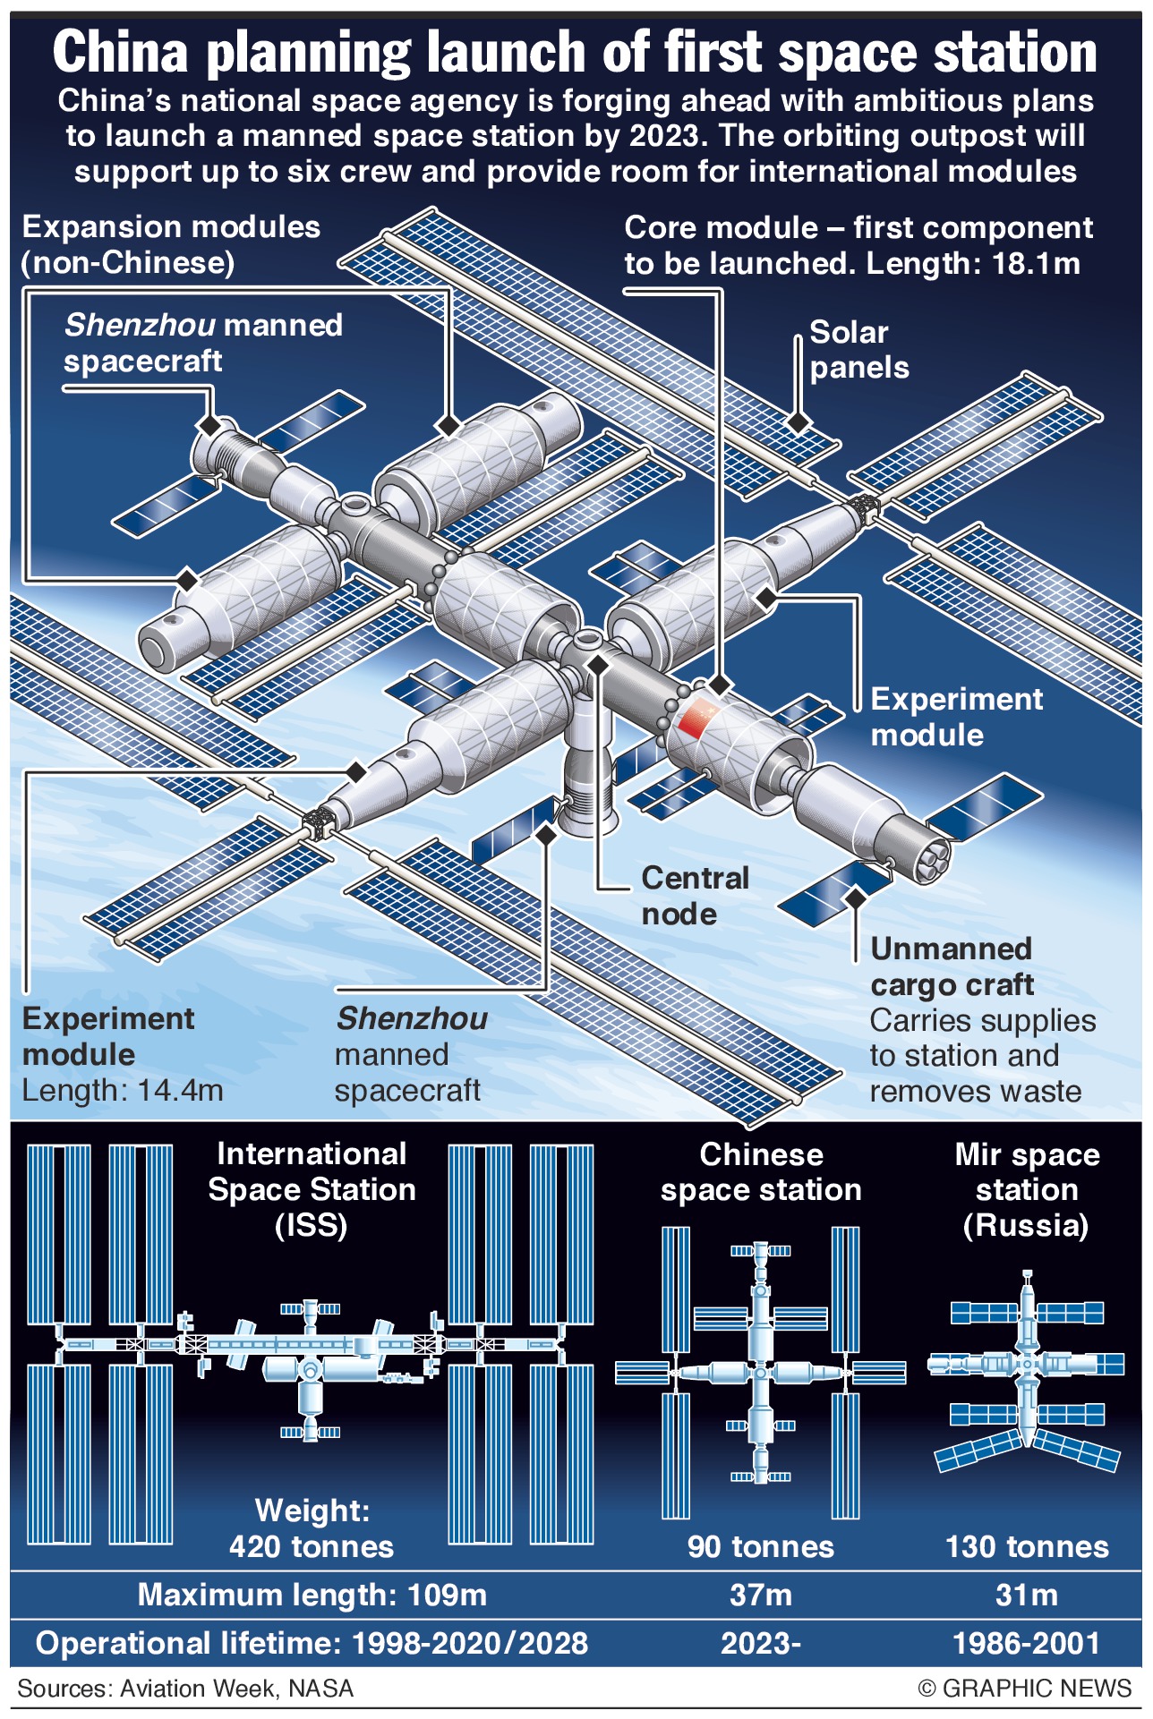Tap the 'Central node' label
[695, 896]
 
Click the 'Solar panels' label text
[858, 350]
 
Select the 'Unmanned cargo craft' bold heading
[952, 966]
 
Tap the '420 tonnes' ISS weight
[312, 1546]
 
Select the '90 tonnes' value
[760, 1546]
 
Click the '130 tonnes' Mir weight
[1027, 1546]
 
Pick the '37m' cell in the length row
[760, 1595]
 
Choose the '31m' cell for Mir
[1027, 1595]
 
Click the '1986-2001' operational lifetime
[1027, 1643]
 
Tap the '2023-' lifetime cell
[760, 1643]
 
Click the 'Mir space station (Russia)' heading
[1027, 1189]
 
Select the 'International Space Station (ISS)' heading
[312, 1189]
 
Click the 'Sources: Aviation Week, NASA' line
[185, 1689]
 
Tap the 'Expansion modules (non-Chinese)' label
[170, 244]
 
